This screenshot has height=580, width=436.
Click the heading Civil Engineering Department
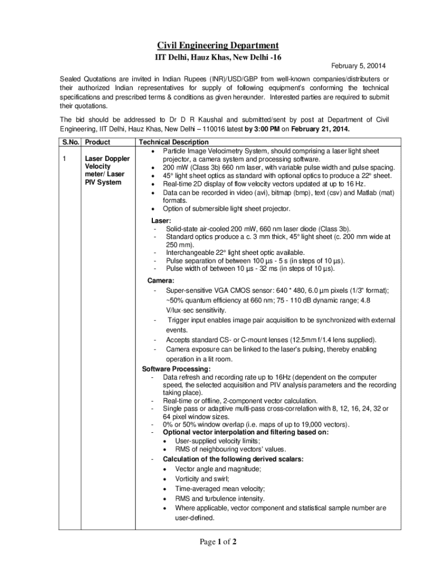pos(217,45)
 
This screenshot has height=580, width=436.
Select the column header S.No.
pos(70,142)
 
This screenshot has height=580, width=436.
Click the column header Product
pos(97,142)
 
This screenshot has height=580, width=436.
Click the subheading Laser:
pos(161,220)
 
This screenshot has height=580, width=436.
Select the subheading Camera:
pos(161,280)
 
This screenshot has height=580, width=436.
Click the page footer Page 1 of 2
pos(217,543)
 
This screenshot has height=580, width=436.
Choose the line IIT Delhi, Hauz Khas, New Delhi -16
pos(218,57)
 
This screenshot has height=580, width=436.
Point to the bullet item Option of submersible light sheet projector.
pos(226,208)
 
